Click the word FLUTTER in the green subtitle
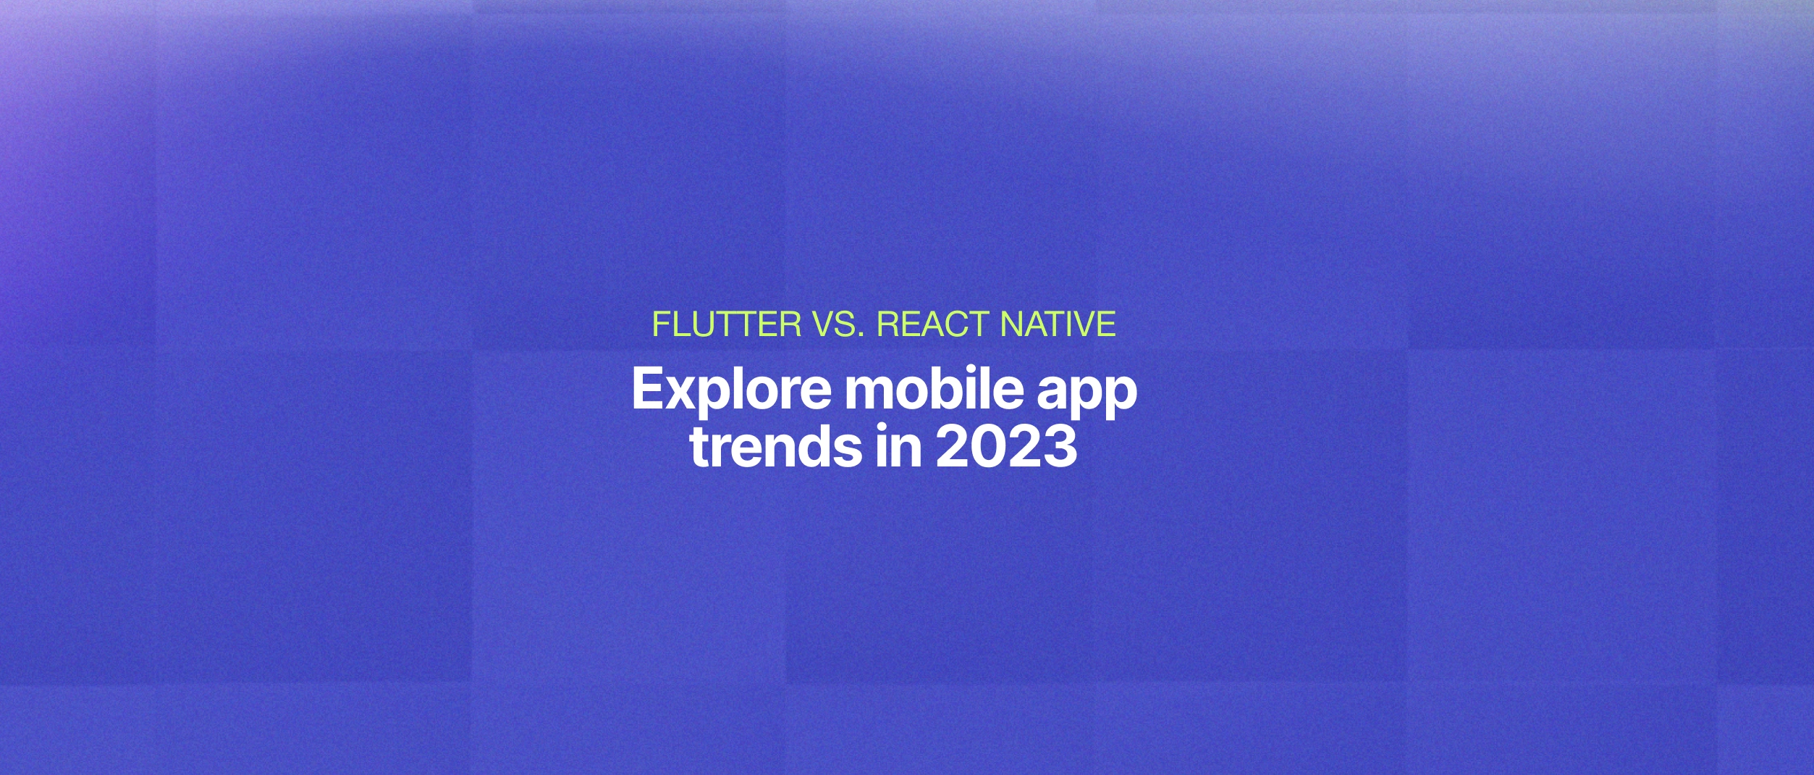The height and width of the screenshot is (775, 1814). click(x=726, y=324)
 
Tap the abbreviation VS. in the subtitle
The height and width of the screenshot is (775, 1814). click(x=838, y=324)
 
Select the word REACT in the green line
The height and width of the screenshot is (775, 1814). click(x=932, y=324)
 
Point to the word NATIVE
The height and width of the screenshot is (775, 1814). click(x=1057, y=324)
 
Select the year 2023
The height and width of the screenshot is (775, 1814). click(x=1005, y=447)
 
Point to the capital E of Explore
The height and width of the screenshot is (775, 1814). click(x=646, y=390)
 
